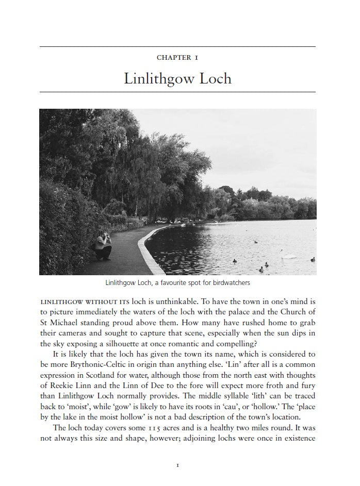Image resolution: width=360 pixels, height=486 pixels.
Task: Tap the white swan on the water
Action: [x=290, y=256]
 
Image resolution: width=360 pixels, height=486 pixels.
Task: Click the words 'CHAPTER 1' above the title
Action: [x=177, y=57]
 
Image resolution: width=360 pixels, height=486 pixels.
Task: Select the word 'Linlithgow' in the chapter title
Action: [x=157, y=79]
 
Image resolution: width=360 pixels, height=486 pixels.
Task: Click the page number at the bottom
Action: [x=177, y=465]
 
